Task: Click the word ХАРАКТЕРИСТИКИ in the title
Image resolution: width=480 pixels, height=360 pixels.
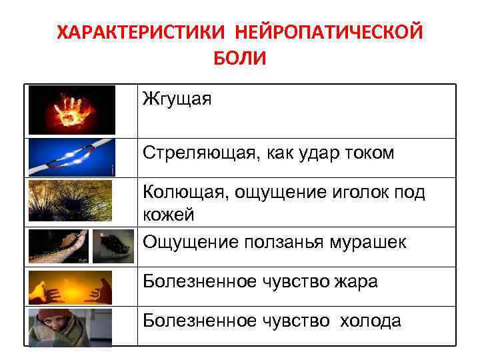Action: point(134,32)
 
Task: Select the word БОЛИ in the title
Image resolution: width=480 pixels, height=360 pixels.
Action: point(239,59)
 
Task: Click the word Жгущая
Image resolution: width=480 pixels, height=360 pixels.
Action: point(177,101)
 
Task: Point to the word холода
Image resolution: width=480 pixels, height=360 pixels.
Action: point(371,321)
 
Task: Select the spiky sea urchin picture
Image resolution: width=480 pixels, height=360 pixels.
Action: point(71,201)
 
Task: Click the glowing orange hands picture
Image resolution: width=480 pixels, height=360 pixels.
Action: point(71,287)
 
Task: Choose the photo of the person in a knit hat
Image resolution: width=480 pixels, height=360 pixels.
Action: point(71,327)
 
